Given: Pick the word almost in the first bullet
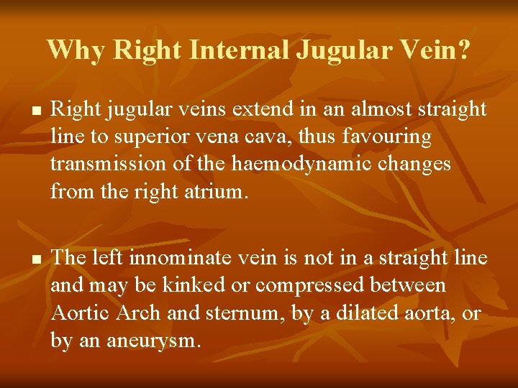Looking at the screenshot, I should click(360, 109).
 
